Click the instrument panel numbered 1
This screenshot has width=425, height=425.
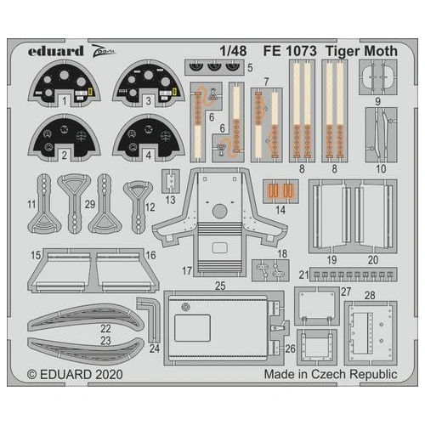click(65, 85)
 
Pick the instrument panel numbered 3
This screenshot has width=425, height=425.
click(150, 85)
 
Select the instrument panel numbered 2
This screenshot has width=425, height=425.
click(65, 136)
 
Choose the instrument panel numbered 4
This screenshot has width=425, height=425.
click(150, 136)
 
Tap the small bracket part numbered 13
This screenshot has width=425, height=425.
click(173, 180)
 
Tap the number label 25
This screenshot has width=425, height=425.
click(218, 287)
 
